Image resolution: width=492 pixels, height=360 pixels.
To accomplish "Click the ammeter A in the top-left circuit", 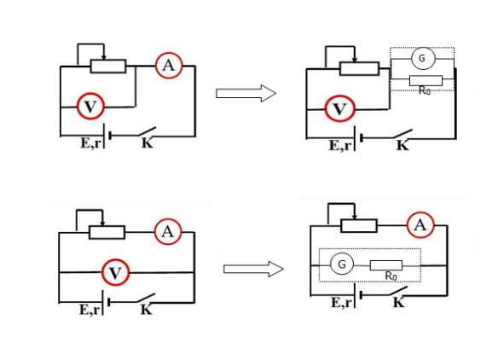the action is tap(169, 66).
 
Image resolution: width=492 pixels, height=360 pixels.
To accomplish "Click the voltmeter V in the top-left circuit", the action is tap(90, 106).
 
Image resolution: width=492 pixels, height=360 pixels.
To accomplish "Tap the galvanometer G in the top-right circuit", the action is tap(422, 58).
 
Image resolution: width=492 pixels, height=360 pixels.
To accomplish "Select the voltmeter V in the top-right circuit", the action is tap(340, 108).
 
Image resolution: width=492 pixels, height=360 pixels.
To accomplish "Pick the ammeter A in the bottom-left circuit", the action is tap(168, 232).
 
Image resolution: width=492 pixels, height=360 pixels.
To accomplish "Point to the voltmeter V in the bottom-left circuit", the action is tap(115, 272).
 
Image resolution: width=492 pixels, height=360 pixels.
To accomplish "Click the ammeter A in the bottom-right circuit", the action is tap(420, 224).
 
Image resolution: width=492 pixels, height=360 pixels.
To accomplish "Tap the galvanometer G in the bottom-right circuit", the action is tap(342, 264).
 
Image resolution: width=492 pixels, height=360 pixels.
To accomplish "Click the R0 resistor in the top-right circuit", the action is tap(425, 81).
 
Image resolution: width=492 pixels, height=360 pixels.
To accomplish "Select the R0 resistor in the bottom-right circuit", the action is tap(386, 265).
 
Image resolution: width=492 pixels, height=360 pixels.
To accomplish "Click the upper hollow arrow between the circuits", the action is tap(246, 93).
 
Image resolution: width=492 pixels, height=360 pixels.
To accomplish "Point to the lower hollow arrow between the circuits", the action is tap(253, 269).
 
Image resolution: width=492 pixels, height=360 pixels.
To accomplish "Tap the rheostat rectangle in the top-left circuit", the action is tap(108, 67).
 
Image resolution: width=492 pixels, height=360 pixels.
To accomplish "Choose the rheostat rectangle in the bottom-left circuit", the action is tap(107, 233).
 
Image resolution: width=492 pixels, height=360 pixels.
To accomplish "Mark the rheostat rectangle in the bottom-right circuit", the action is tap(359, 226).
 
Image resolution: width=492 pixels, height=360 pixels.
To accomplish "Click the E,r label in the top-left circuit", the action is tap(91, 143).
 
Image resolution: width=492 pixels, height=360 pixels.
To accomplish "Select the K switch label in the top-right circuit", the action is tap(402, 145).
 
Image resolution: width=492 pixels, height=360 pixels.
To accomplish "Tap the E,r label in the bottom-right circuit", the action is tap(342, 303).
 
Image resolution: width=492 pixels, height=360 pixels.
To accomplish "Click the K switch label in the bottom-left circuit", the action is tap(146, 310).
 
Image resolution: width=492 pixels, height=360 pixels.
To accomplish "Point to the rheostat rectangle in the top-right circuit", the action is tap(359, 69).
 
